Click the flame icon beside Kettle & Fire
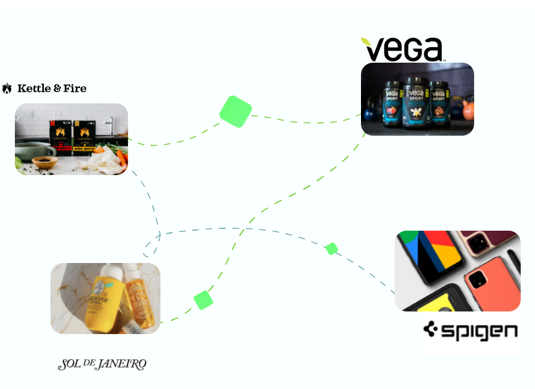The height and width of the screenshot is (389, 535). [x=7, y=89]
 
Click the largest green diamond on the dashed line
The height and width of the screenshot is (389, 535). [x=235, y=111]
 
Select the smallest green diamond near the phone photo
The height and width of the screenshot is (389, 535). [x=332, y=248]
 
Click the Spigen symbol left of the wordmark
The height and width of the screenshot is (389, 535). [x=431, y=331]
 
